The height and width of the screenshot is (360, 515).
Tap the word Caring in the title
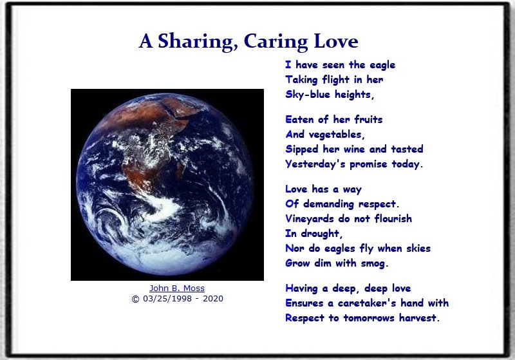pos(276,42)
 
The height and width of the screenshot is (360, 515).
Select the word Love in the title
pos(335,41)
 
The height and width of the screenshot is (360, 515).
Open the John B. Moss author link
pos(177,288)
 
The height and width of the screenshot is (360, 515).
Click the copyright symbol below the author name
pos(135,299)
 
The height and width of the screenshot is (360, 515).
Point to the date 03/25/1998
pos(167,299)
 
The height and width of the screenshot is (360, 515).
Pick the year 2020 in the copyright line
pos(213,299)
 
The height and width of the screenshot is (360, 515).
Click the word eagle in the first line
pos(382,65)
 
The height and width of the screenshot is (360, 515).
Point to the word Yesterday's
pos(315,164)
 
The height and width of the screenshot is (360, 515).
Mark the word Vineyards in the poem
pos(310,219)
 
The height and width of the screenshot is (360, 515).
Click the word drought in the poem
pos(321,234)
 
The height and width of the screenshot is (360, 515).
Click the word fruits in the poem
pos(368,120)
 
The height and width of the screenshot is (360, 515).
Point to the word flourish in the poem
pos(393,218)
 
